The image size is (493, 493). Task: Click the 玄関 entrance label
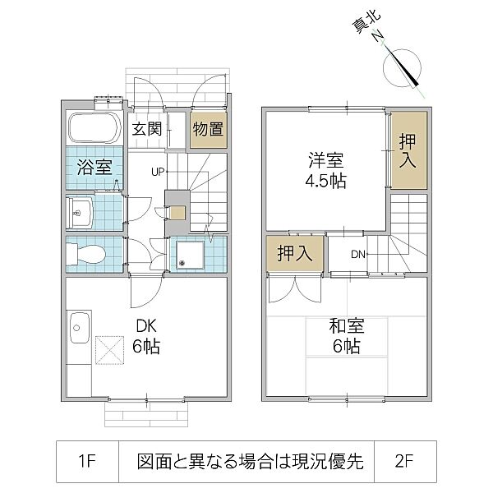coord(148,128)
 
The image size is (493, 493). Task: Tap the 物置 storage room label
coord(208,128)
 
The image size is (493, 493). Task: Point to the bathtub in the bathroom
coord(95,127)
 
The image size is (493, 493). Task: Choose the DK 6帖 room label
coord(145,335)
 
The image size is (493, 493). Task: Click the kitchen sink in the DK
coord(80,329)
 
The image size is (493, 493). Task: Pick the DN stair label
coord(358,254)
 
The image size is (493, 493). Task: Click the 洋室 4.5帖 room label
coord(325,169)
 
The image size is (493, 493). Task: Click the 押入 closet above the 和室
coord(294,253)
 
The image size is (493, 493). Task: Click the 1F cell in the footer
coord(87,461)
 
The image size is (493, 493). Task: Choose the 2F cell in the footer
coord(404,461)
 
